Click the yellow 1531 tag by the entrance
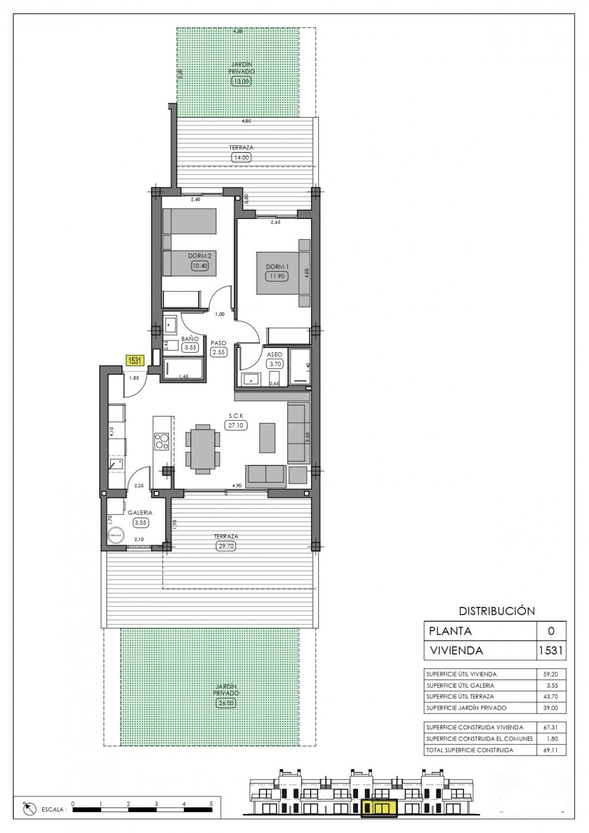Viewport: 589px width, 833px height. (x=135, y=360)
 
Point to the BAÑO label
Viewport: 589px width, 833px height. (x=190, y=339)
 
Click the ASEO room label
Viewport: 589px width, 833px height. (x=274, y=355)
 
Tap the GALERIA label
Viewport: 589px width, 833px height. (x=140, y=512)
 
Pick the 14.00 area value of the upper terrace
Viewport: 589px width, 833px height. (x=241, y=158)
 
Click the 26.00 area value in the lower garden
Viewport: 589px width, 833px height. (x=226, y=703)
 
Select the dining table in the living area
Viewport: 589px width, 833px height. (x=202, y=448)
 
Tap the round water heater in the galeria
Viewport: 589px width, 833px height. (x=115, y=535)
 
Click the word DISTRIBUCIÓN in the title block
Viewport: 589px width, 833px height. (x=497, y=610)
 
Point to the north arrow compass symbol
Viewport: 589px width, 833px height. (x=28, y=809)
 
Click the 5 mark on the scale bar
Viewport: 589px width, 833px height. (x=212, y=803)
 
